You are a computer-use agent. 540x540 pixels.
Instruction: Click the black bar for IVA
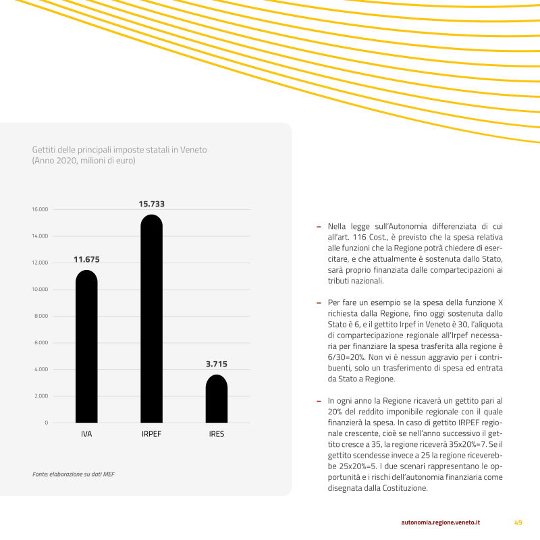[86, 347]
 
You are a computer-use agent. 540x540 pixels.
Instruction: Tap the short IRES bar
[216, 399]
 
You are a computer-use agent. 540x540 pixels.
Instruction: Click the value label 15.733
[152, 203]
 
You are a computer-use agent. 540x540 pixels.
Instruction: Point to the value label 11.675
[86, 259]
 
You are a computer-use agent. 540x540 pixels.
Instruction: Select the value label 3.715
[217, 364]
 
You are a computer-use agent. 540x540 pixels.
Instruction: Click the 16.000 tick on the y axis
[40, 209]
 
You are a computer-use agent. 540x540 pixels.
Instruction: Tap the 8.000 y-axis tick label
[41, 316]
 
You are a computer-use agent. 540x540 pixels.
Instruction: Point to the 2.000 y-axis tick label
[41, 396]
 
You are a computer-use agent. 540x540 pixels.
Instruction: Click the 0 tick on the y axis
[47, 423]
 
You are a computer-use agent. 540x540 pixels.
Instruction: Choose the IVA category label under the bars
[86, 434]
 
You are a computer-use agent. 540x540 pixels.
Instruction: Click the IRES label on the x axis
[217, 434]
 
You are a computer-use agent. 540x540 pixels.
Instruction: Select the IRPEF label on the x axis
[151, 434]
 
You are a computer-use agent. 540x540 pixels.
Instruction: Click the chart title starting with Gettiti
[119, 149]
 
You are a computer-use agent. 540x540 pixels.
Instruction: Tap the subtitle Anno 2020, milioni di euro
[84, 161]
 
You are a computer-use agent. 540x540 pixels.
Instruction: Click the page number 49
[518, 522]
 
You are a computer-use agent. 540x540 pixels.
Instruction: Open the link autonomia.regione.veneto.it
[440, 522]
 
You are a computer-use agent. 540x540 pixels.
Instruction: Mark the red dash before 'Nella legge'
[319, 226]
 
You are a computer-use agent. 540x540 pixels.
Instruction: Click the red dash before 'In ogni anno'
[319, 400]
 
